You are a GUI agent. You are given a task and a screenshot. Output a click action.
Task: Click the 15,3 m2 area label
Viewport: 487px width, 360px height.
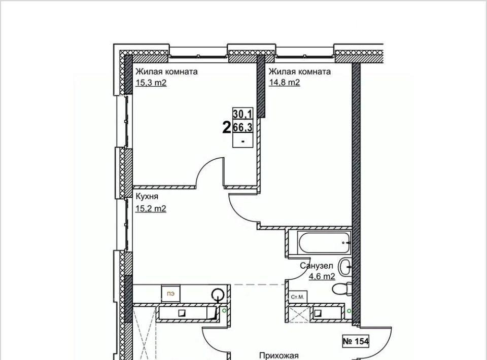pyautogui.click(x=151, y=83)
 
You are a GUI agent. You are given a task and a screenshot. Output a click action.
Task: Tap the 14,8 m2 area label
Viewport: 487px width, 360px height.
pyautogui.click(x=285, y=83)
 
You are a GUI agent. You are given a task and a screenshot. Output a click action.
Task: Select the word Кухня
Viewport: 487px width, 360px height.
pyautogui.click(x=147, y=196)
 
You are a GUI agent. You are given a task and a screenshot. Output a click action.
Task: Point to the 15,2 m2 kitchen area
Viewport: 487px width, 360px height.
pyautogui.click(x=151, y=208)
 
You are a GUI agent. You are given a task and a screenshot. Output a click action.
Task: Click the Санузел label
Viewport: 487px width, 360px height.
pyautogui.click(x=317, y=266)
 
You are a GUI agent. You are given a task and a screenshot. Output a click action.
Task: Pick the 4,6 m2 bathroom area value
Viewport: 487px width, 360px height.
pyautogui.click(x=322, y=276)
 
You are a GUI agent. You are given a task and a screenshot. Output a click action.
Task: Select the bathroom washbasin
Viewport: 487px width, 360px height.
pyautogui.click(x=345, y=267)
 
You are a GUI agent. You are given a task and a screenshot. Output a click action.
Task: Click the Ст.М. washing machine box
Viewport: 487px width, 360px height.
pyautogui.click(x=298, y=297)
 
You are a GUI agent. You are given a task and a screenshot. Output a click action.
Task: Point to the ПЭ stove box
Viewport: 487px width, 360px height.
pyautogui.click(x=170, y=294)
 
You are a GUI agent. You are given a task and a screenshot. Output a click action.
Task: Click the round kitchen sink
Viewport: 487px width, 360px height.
pyautogui.click(x=218, y=294)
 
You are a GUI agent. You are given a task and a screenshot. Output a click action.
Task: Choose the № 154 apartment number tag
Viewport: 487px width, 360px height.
pyautogui.click(x=356, y=342)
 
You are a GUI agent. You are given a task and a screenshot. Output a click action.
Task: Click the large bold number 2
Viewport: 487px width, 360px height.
pyautogui.click(x=227, y=127)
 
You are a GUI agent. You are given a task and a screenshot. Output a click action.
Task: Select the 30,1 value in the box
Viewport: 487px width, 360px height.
pyautogui.click(x=243, y=114)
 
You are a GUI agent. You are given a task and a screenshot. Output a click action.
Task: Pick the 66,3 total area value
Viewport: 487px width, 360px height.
pyautogui.click(x=243, y=127)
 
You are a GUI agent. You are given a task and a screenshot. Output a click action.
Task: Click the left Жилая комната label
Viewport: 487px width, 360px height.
pyautogui.click(x=166, y=71)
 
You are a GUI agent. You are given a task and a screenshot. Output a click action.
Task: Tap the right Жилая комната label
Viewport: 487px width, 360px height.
pyautogui.click(x=300, y=71)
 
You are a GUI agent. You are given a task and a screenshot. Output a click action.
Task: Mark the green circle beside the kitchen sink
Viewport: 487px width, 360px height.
pyautogui.click(x=225, y=310)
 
